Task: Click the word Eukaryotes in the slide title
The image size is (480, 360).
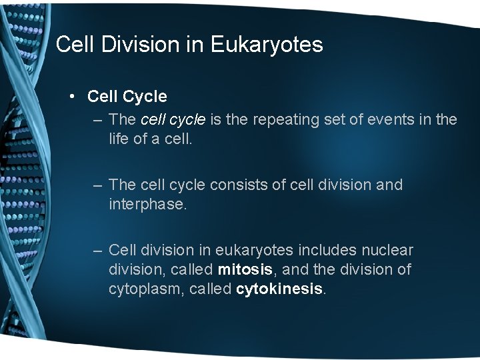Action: (x=267, y=45)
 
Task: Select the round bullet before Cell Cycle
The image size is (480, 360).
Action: (x=72, y=97)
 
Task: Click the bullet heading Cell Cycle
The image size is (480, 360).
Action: (x=127, y=97)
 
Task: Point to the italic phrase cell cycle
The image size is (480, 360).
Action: (x=173, y=119)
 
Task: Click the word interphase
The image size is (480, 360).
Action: (x=147, y=203)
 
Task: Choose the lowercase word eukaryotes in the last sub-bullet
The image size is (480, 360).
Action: (x=257, y=251)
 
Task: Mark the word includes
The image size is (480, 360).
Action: (x=329, y=251)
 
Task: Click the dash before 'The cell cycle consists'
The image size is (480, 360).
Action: (x=98, y=185)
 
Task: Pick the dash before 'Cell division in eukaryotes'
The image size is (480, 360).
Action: (x=98, y=251)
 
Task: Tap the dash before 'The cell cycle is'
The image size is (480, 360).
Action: (x=98, y=119)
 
